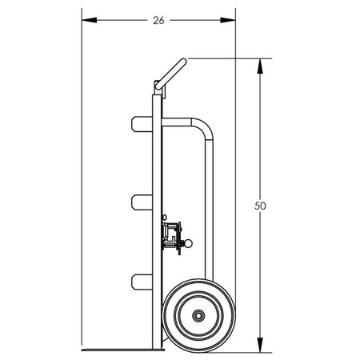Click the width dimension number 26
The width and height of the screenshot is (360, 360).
[x=158, y=20]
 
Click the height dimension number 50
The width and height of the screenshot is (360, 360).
[x=260, y=206]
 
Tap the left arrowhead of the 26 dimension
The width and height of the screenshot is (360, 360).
[x=90, y=20]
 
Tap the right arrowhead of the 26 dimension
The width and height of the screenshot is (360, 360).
[x=228, y=20]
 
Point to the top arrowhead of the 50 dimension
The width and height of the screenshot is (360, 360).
[x=260, y=66]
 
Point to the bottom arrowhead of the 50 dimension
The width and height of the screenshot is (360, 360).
[x=260, y=345]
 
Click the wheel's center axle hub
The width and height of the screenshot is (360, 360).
[x=198, y=316]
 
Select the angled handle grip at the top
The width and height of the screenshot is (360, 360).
[x=171, y=74]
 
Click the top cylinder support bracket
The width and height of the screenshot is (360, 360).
[x=142, y=124]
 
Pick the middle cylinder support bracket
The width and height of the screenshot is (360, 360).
[x=142, y=202]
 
